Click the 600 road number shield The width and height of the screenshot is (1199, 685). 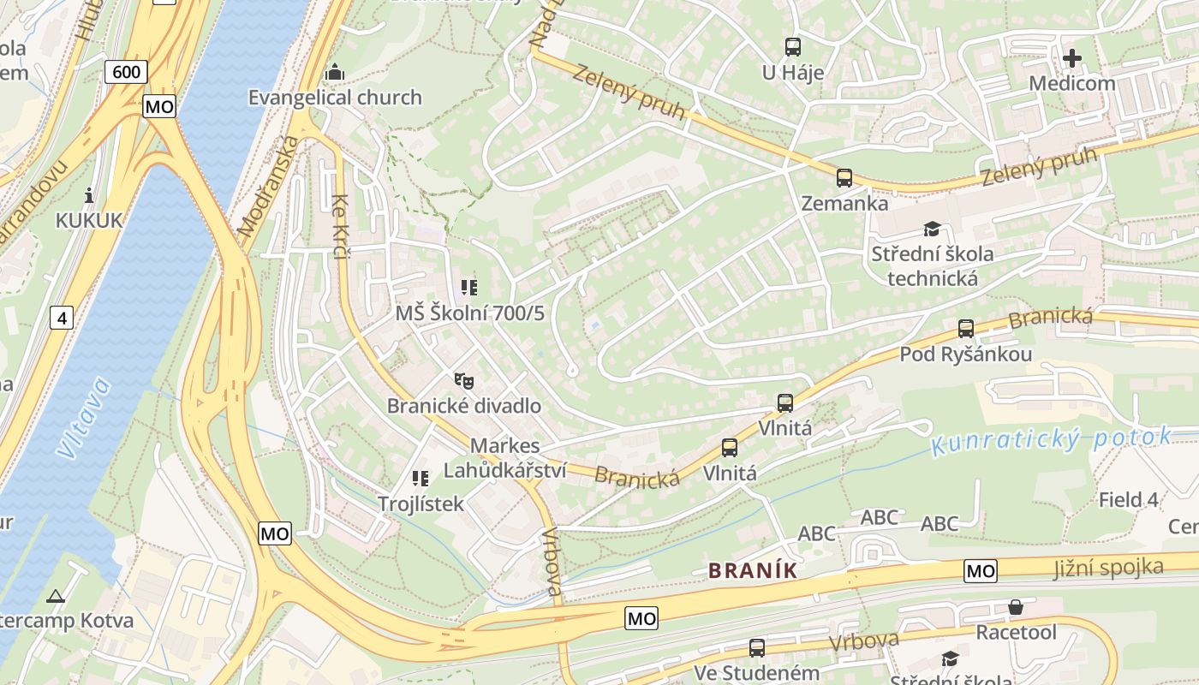coord(127,72)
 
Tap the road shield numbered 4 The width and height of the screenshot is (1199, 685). coord(61,319)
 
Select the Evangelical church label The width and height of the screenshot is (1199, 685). coord(335,98)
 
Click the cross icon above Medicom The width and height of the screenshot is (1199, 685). coord(1071,58)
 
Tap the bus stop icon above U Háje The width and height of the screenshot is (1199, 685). coord(793,47)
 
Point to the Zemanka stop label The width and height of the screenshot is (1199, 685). coord(844,204)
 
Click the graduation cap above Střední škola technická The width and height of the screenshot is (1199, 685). coord(932,229)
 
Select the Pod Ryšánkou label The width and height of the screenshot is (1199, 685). coord(965,354)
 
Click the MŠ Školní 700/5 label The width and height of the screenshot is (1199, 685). coord(469,313)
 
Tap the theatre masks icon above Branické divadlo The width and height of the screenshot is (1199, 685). coord(463,379)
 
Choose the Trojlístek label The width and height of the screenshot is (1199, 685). coord(421,503)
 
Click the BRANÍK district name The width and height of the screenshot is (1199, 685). coord(753,570)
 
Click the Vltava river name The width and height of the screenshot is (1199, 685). coord(84,418)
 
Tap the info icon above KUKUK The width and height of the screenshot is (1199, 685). coord(89,194)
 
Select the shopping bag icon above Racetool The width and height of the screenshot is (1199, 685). coord(1016,607)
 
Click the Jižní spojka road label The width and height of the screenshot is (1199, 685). coord(1108,567)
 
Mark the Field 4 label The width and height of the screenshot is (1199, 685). coord(1128,499)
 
